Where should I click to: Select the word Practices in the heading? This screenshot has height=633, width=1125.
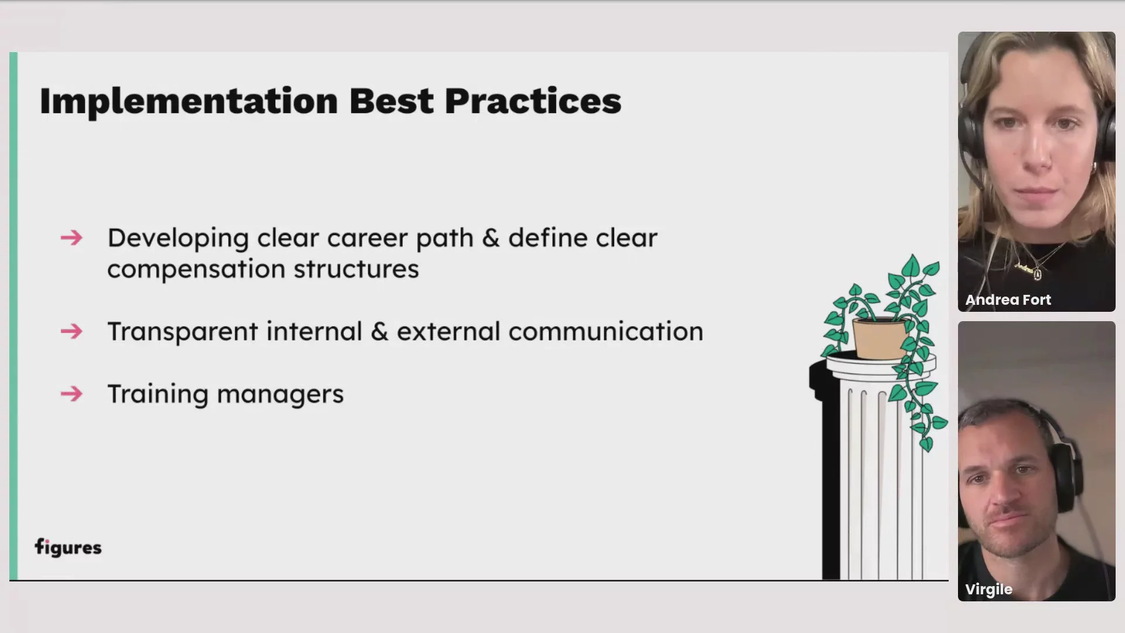[x=533, y=101]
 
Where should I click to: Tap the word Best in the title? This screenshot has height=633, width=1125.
[x=391, y=101]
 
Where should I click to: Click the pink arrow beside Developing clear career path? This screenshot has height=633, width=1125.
[x=71, y=238]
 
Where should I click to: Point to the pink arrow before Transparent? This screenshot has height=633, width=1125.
[x=71, y=332]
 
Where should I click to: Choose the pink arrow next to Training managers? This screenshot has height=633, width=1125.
[x=71, y=394]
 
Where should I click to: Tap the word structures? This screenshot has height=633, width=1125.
[x=356, y=270]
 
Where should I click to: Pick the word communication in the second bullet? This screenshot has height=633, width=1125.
[x=606, y=332]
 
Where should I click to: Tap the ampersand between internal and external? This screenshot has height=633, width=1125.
[x=380, y=332]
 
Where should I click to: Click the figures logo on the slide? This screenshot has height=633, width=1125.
[x=68, y=547]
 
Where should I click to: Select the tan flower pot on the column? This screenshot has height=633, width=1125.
[x=879, y=338]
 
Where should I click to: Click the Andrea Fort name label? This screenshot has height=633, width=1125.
[x=1008, y=300]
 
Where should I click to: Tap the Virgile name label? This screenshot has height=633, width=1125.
[x=988, y=590]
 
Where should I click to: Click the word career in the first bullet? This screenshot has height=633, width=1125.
[x=367, y=239]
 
